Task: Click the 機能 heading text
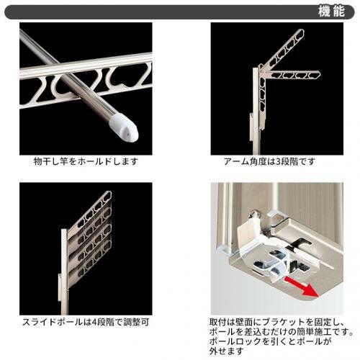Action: click(331, 11)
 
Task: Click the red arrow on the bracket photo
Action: click(302, 287)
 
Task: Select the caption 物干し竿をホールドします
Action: click(86, 161)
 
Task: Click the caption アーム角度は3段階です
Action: click(269, 161)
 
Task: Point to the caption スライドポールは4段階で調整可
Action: click(86, 322)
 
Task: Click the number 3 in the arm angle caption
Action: click(279, 161)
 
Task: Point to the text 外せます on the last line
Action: click(227, 351)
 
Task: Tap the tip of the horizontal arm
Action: click(318, 73)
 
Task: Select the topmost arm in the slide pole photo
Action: click(92, 209)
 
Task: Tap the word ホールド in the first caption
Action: click(94, 161)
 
